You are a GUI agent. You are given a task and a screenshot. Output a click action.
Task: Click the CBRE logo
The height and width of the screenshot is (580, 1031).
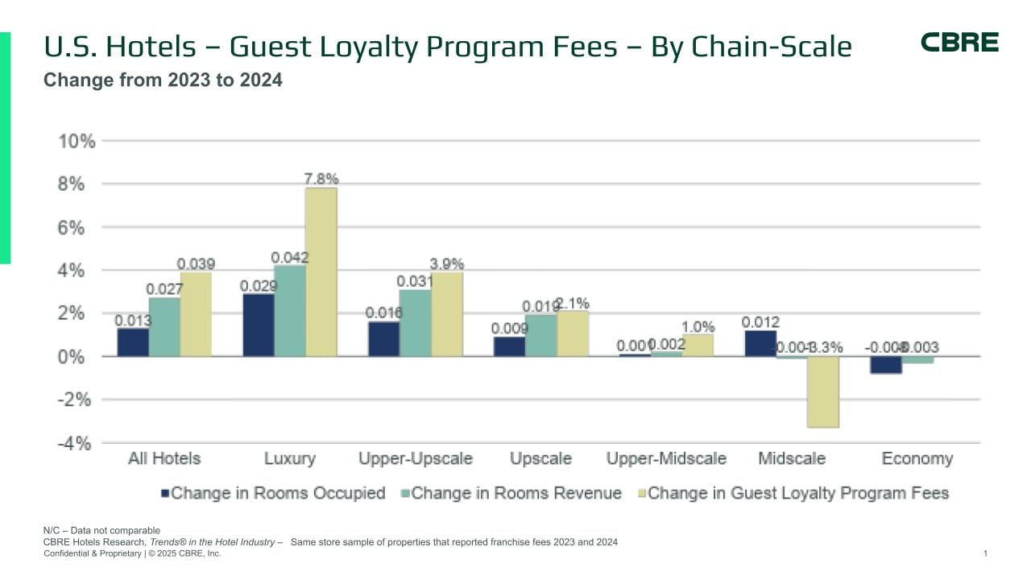959,43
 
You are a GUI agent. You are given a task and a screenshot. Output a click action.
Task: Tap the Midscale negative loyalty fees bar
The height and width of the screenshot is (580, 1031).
823,392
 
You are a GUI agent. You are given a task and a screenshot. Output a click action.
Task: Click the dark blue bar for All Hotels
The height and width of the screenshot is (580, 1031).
133,342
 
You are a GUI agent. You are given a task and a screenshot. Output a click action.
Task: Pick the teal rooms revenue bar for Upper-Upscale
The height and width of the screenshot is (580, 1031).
415,323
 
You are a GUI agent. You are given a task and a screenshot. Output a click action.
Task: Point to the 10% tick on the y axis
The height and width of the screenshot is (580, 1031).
77,142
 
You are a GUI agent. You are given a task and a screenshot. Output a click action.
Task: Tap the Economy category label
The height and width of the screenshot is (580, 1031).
917,459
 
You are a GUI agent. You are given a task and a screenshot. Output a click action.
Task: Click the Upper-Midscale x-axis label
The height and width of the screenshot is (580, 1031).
666,459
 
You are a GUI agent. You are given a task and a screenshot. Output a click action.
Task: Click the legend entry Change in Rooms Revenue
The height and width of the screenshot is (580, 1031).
516,493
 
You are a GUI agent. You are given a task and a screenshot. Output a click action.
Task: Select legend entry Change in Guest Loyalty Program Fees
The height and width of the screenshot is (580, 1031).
798,493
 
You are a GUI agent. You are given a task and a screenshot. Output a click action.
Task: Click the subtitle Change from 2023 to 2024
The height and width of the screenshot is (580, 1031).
163,81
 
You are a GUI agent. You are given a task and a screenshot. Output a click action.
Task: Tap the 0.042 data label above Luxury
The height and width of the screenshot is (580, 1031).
289,258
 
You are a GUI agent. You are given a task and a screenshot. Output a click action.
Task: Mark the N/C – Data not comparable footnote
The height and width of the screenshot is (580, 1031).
101,530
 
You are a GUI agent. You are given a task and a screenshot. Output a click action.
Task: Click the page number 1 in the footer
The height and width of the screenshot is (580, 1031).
985,553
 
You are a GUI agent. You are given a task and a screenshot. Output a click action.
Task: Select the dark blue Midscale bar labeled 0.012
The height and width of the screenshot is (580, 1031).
760,343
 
